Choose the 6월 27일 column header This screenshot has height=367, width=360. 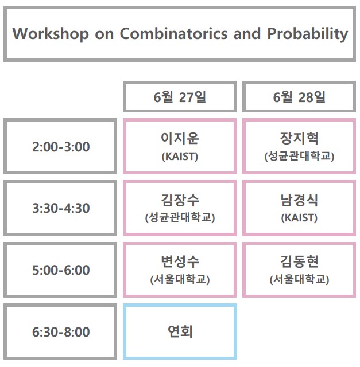[179, 97]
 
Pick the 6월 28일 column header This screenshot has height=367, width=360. [299, 97]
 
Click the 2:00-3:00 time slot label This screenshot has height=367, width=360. [61, 147]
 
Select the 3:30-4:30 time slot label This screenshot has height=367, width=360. [61, 208]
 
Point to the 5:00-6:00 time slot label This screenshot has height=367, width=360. [61, 270]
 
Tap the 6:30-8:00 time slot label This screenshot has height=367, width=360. [61, 332]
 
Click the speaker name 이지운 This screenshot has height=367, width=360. [179, 138]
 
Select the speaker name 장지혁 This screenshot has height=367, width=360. [299, 138]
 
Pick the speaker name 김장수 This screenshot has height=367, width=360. [179, 200]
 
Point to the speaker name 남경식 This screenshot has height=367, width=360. [299, 200]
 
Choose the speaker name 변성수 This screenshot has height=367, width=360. [179, 261]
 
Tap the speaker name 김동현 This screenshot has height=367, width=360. [299, 261]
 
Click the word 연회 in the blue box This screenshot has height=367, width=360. [179, 331]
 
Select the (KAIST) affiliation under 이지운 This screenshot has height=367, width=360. [179, 157]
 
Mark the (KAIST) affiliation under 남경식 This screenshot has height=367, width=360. [299, 218]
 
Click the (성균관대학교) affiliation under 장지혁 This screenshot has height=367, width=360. [299, 157]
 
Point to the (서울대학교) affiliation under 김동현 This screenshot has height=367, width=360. [299, 280]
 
